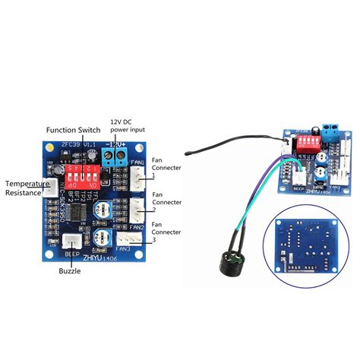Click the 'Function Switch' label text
click(x=75, y=129)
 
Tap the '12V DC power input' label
click(x=128, y=126)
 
